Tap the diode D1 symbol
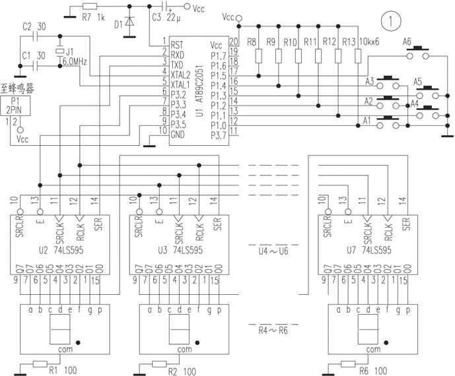pyautogui.click(x=129, y=24)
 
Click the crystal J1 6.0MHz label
pyautogui.click(x=72, y=56)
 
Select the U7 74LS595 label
pyautogui.click(x=367, y=251)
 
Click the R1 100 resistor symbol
pyautogui.click(x=40, y=363)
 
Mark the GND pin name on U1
pyautogui.click(x=178, y=134)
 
